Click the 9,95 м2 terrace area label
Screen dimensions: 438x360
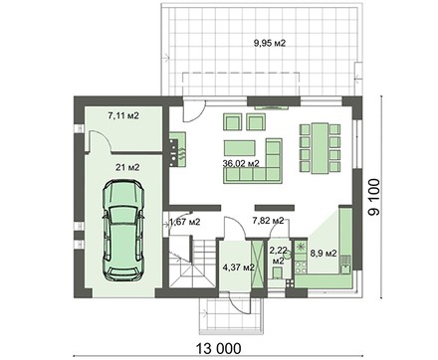270,43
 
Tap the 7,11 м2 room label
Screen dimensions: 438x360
123,115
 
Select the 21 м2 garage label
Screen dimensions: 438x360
127,168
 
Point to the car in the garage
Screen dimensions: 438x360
123,230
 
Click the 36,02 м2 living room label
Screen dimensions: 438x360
242,163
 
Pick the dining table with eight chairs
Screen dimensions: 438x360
321,148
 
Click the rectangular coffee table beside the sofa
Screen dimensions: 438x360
240,148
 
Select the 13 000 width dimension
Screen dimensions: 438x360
218,349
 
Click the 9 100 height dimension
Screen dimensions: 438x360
374,197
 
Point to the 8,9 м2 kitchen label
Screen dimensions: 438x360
324,254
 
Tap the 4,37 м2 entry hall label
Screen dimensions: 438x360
238,268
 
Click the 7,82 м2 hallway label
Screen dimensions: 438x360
268,221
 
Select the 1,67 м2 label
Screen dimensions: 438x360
185,222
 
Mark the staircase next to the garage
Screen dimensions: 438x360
192,263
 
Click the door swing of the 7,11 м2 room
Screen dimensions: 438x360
100,141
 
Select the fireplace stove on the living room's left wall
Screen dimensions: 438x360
177,149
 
